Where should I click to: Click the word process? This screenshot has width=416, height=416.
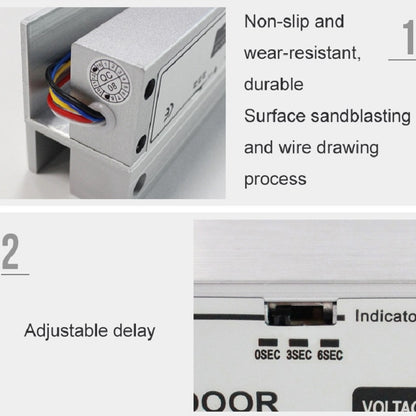tap(275, 180)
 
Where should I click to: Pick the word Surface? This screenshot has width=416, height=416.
tap(274, 115)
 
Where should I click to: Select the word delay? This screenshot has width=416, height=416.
tap(136, 330)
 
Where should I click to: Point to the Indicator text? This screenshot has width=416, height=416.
tap(384, 316)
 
